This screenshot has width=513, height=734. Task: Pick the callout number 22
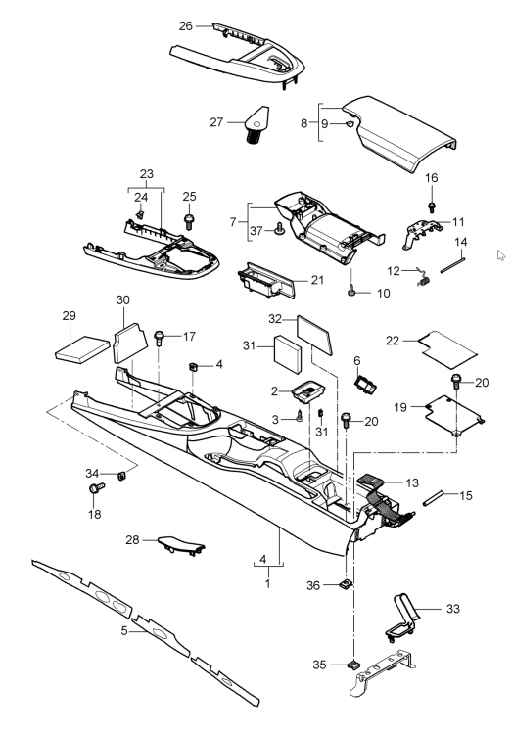[x=392, y=340]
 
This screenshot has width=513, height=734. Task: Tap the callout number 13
[x=412, y=482]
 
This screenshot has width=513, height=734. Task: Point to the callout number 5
[x=124, y=631]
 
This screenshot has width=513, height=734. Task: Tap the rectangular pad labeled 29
[x=80, y=346]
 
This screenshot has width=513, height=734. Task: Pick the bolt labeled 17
[x=161, y=339]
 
